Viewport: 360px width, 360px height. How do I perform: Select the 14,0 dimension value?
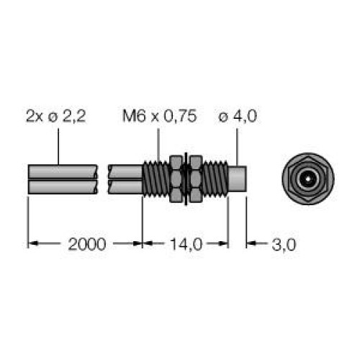point(186,245)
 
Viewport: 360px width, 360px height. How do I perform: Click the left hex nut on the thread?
point(176,179)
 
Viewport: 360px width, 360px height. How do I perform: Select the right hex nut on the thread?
point(195,179)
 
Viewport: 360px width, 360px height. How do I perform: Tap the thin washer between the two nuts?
point(186,179)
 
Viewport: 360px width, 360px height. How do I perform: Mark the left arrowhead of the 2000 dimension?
point(32,245)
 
